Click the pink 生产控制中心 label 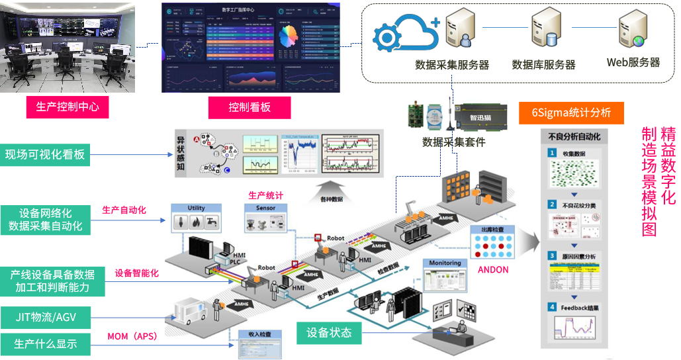68,107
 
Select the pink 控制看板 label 250,107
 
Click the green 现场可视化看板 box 45,155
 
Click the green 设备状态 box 328,332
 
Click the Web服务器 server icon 631,30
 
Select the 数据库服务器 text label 543,65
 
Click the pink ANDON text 493,269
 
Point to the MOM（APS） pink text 132,337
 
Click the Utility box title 196,208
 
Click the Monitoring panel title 445,263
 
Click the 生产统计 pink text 265,195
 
